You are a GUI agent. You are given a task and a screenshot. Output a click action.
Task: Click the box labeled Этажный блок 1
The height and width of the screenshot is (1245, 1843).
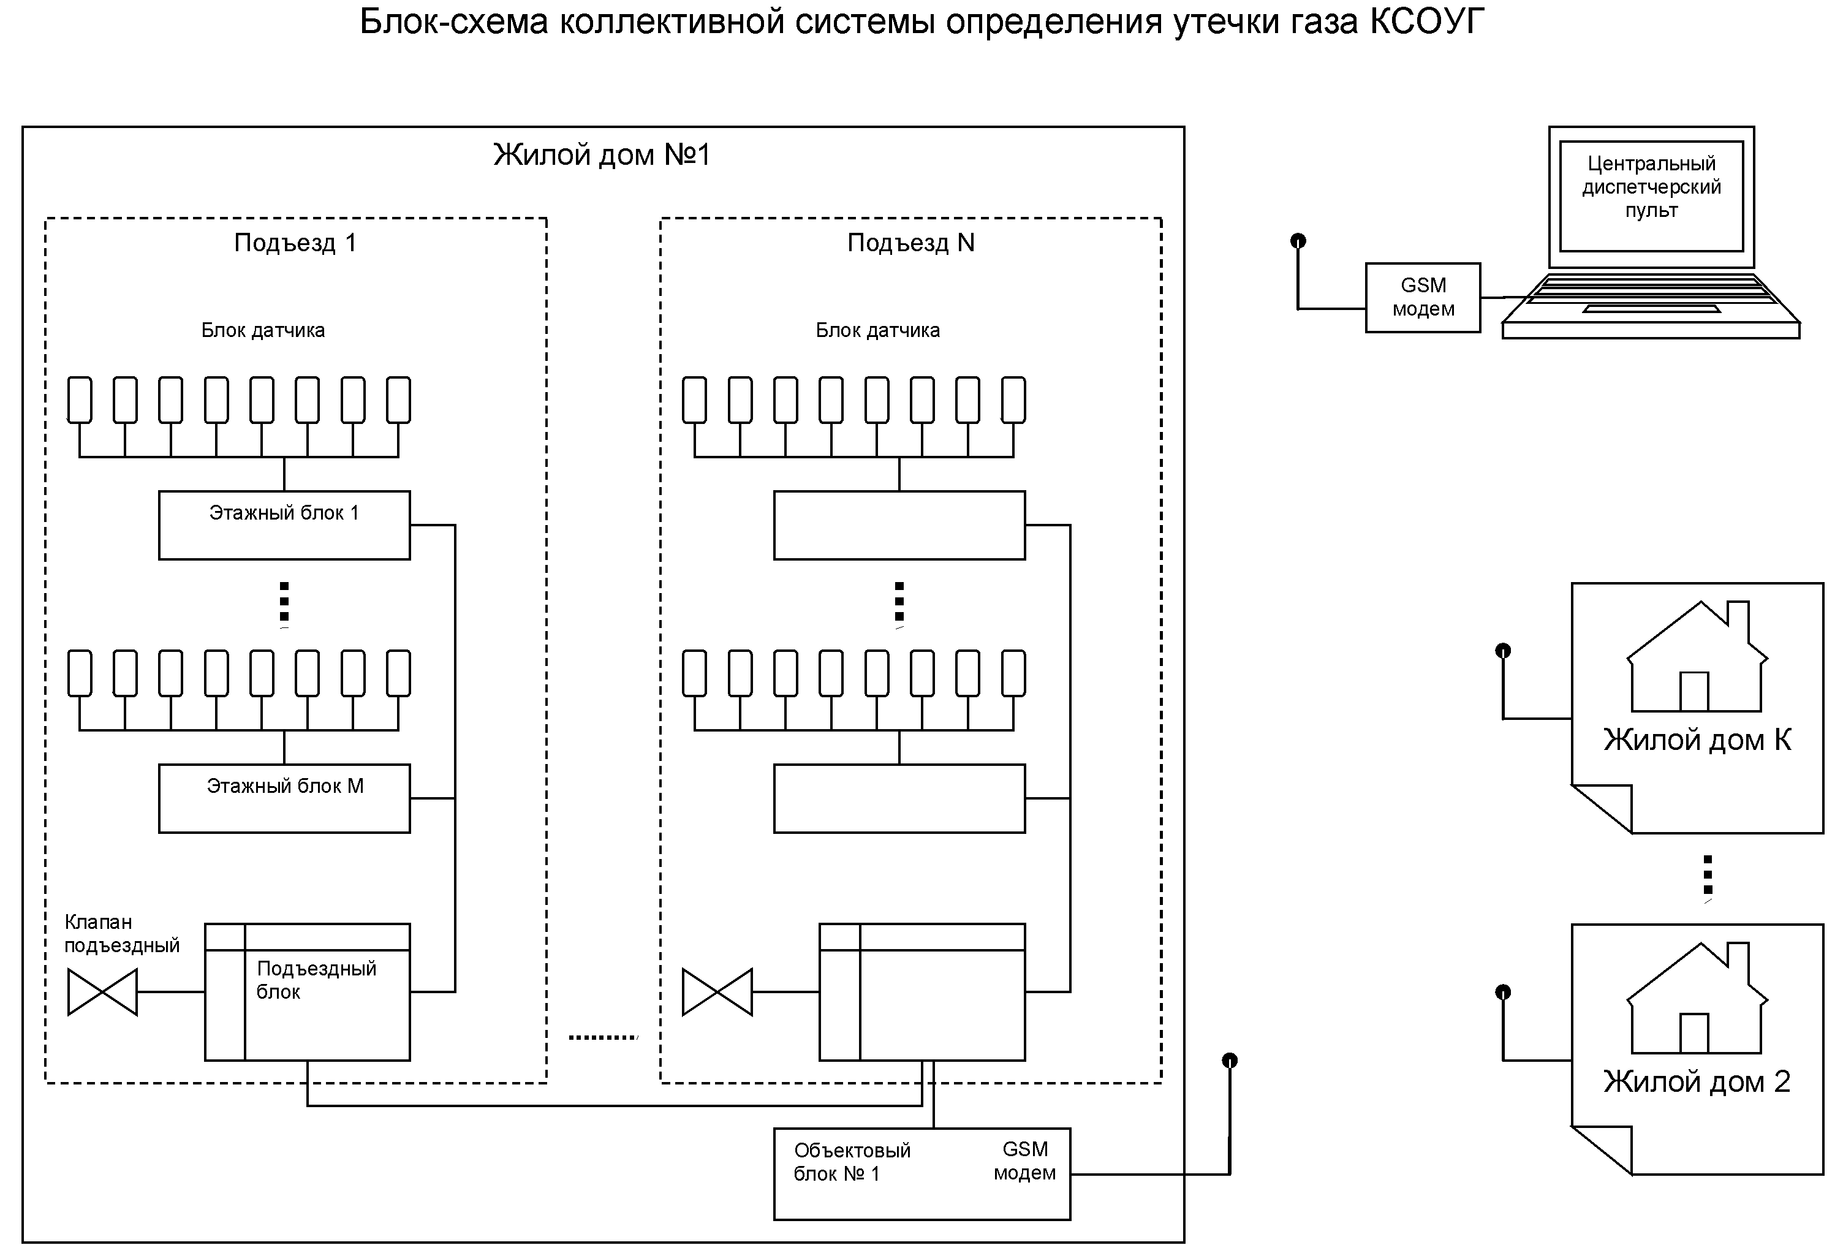pyautogui.click(x=284, y=525)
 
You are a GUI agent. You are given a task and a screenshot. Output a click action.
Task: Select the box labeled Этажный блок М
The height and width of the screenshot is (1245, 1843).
pyautogui.click(x=284, y=798)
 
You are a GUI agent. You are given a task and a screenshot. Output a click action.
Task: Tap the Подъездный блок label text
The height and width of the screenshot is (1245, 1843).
pyautogui.click(x=316, y=980)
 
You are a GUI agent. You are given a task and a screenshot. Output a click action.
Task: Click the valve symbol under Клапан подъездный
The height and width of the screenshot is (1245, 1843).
pyautogui.click(x=102, y=992)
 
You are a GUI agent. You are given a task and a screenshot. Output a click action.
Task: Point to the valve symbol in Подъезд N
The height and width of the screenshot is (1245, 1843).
pyautogui.click(x=717, y=992)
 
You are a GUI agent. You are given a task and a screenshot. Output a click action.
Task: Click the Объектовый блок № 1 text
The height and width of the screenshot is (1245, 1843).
pyautogui.click(x=852, y=1162)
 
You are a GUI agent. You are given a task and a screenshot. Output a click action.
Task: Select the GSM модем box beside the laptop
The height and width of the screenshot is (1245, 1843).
pyautogui.click(x=1423, y=297)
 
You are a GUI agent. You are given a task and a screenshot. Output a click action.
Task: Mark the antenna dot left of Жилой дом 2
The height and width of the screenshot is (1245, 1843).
pyautogui.click(x=1503, y=992)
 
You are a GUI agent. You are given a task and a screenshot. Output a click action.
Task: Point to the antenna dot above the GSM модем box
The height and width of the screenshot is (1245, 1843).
pyautogui.click(x=1298, y=240)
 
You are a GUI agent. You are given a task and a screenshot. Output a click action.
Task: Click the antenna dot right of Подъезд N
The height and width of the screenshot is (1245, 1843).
pyautogui.click(x=1230, y=1060)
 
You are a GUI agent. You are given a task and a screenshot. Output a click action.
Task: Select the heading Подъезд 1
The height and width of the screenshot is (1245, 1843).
pyautogui.click(x=295, y=243)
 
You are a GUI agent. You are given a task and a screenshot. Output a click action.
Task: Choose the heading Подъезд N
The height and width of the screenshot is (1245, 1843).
pyautogui.click(x=910, y=243)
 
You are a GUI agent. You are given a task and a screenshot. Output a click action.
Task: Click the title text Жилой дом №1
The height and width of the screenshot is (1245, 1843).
pyautogui.click(x=602, y=154)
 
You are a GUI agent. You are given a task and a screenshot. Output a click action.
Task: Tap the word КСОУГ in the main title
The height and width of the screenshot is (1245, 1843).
pyautogui.click(x=1426, y=22)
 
